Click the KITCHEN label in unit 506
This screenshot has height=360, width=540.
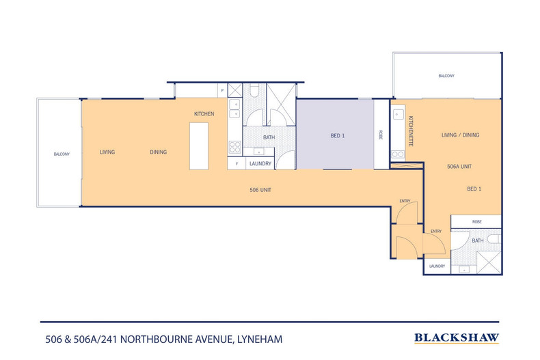click(204, 113)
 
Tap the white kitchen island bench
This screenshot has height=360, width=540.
click(199, 146)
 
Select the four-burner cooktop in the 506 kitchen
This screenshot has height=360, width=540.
click(234, 146)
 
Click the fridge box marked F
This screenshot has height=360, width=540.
click(236, 164)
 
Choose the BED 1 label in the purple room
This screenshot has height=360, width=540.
click(338, 136)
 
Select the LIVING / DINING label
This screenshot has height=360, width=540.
click(460, 135)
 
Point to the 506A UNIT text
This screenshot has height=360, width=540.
click(460, 166)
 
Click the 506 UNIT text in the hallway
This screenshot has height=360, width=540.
click(261, 189)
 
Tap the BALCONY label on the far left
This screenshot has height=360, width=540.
click(62, 154)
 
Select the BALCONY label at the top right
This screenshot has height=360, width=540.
click(446, 76)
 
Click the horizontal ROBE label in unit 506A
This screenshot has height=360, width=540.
click(476, 221)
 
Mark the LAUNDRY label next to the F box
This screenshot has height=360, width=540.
click(260, 164)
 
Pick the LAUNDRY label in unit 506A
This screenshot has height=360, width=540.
click(437, 266)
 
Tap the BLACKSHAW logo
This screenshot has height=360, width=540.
click(457, 337)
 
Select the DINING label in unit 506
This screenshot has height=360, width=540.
click(159, 152)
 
